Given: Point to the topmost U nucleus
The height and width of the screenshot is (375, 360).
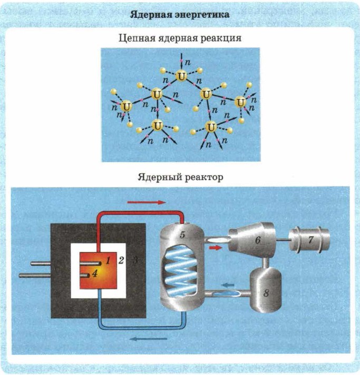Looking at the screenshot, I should point(182,76).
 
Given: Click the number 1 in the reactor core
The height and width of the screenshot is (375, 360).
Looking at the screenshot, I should point(106,260).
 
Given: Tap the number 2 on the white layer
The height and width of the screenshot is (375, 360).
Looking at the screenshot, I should point(121,260).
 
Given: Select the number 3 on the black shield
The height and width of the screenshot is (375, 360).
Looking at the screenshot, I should point(135,260).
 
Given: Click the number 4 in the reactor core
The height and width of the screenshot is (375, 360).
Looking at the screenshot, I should point(94,272).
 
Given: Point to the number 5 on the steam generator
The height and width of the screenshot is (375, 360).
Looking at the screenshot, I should point(182,235).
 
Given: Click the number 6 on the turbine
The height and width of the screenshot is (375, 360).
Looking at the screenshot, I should point(258,240).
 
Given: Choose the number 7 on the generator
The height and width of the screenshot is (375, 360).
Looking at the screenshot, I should point(311,240).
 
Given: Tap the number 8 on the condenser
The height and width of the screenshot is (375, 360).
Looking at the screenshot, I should point(266,293).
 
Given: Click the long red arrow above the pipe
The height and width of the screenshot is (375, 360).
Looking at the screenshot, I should point(147,202).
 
